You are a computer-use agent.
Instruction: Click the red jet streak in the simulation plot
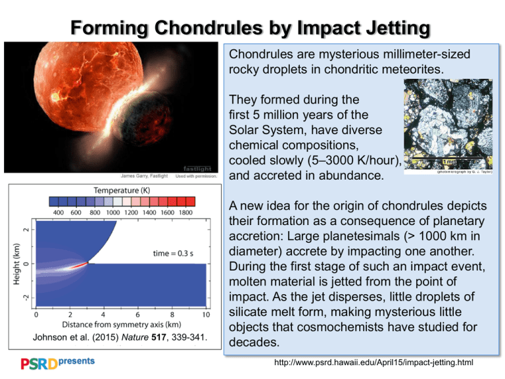[x=78, y=265]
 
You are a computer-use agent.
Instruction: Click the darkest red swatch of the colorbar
[x=187, y=201]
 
